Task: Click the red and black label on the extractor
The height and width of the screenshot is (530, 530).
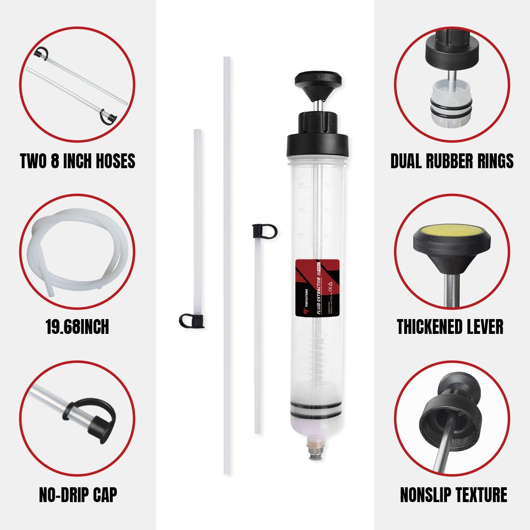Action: [x=317, y=287]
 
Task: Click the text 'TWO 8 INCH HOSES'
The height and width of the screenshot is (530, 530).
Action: [x=77, y=161]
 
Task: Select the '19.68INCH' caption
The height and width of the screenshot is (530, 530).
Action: [x=77, y=326]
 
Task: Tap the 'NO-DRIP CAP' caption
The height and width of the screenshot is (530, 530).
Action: [x=78, y=494]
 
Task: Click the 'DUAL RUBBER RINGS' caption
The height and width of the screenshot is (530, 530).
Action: [x=452, y=161]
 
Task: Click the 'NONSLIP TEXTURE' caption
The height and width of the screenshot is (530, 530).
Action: [x=453, y=494]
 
